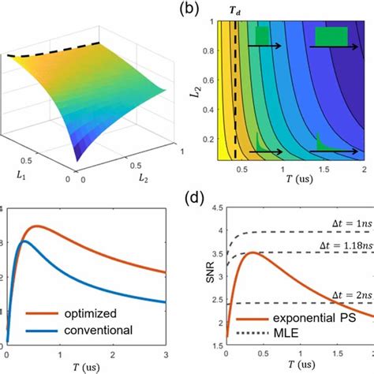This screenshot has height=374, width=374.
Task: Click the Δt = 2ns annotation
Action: coord(345,294)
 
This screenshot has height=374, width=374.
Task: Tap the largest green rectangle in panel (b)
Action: coord(331,37)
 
